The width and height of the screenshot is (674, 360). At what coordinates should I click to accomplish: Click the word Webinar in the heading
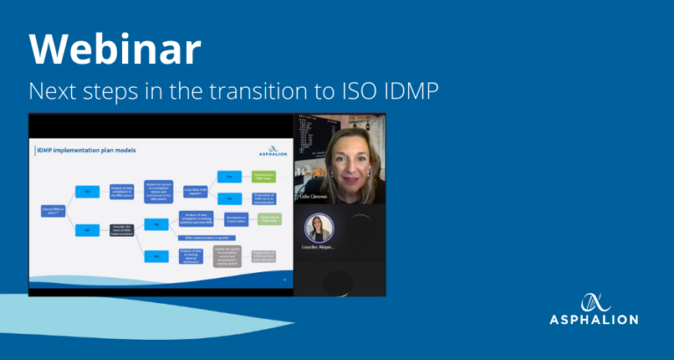pyautogui.click(x=115, y=51)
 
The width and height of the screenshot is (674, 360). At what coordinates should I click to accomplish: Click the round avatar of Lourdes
pyautogui.click(x=319, y=228)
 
